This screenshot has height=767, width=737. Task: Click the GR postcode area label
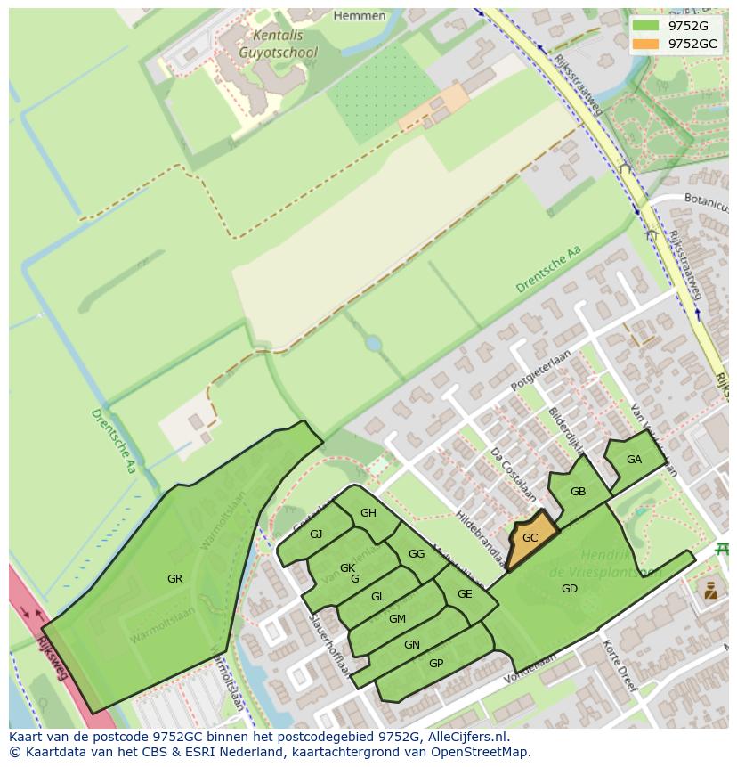tap(174, 579)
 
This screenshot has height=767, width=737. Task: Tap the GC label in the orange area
tap(530, 538)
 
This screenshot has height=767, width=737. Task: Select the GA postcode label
tap(634, 460)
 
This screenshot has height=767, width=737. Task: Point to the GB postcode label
tap(578, 492)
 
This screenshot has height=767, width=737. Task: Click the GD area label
tap(570, 589)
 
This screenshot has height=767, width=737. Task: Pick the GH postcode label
tap(368, 513)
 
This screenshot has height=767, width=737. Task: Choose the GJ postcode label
tap(316, 534)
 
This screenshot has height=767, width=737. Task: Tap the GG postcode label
tap(417, 554)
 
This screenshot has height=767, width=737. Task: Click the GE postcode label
tap(465, 594)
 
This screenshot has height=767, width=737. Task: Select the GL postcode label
tap(378, 597)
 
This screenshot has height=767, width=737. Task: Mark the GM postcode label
tap(397, 619)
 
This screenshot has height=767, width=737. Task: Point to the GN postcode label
tap(412, 645)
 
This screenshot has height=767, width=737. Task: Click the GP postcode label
tap(436, 664)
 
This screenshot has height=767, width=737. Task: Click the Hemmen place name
tap(360, 16)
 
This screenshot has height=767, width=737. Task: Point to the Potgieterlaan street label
tap(540, 371)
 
